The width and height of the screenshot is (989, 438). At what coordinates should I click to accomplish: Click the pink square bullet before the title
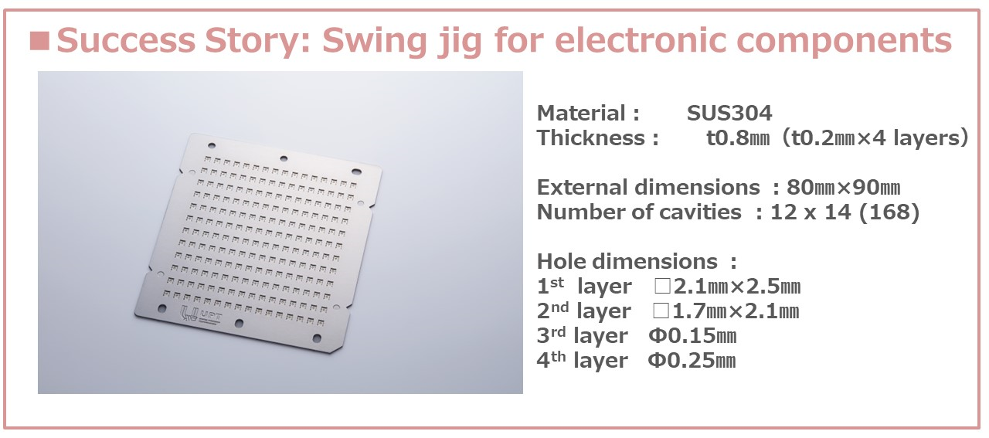pos(39,41)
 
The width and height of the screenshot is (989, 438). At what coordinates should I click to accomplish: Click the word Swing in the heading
pos(375,41)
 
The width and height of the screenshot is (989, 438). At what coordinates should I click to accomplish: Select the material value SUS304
pos(729,114)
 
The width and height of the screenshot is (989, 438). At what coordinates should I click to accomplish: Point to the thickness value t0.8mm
pos(738,138)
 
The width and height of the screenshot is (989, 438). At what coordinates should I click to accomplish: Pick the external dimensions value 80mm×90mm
pos(843,188)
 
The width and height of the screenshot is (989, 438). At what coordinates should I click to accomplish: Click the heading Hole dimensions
pos(627,262)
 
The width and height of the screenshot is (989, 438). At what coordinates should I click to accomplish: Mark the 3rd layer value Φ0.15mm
pos(692,336)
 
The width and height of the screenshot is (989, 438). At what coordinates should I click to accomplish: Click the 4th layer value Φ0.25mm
pos(692,361)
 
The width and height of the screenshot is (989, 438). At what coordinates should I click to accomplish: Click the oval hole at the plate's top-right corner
pos(356,171)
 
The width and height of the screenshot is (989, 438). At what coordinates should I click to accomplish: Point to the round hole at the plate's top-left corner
pos(212,146)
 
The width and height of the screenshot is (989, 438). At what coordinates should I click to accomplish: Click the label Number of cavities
pos(639,212)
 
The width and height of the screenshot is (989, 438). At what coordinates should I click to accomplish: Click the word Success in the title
pos(126,41)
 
